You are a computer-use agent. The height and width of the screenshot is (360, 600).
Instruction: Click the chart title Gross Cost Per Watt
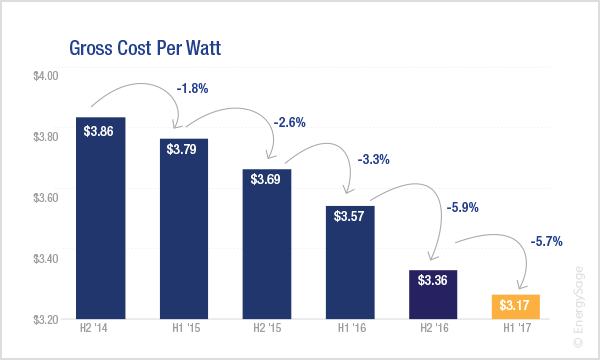145,48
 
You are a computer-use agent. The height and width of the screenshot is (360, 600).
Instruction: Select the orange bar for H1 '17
515,306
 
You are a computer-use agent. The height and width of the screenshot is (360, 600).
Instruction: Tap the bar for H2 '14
101,218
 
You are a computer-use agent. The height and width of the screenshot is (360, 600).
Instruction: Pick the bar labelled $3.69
267,244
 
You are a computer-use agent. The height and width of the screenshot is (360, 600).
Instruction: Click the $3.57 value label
349,216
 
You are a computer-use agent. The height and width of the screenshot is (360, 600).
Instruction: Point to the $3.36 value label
432,280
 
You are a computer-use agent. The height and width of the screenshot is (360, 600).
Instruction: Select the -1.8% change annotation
192,89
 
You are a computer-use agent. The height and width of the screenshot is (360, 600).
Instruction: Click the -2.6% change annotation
290,122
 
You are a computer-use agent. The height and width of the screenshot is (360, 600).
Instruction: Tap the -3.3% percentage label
373,159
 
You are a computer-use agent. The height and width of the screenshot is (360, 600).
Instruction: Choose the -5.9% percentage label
463,207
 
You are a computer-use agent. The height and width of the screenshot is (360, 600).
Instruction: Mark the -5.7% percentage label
546,241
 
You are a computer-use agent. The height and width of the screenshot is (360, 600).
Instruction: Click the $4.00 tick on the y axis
46,76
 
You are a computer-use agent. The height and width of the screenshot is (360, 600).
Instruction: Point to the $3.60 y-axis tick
46,198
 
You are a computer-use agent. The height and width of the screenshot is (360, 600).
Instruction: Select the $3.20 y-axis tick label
46,319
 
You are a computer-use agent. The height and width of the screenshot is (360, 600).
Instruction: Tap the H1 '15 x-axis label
186,328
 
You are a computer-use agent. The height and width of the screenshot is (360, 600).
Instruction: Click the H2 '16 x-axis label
434,328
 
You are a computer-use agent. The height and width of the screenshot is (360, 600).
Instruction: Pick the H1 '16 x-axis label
352,328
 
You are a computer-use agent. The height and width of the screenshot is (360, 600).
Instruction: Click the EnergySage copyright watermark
579,307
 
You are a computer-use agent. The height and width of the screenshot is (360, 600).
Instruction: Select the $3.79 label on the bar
181,149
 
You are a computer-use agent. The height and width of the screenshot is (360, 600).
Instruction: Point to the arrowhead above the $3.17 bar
520,285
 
